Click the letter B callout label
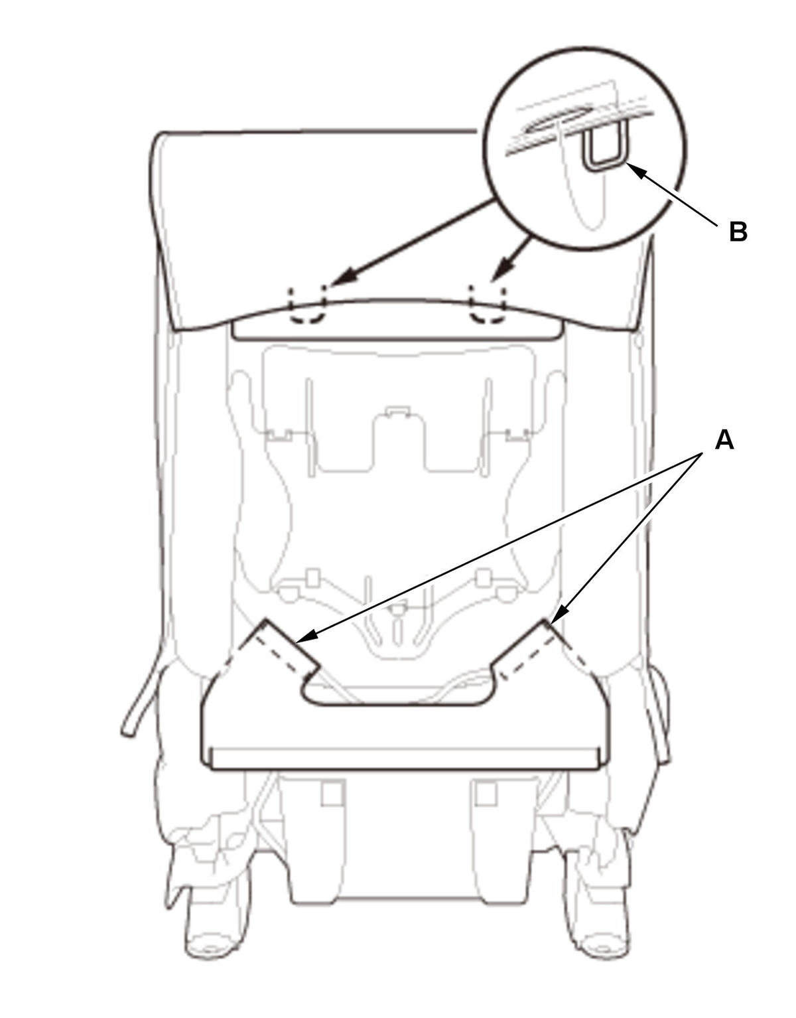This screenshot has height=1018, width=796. (738, 232)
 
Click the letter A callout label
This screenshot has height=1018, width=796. (724, 441)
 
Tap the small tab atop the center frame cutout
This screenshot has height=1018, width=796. (397, 411)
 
